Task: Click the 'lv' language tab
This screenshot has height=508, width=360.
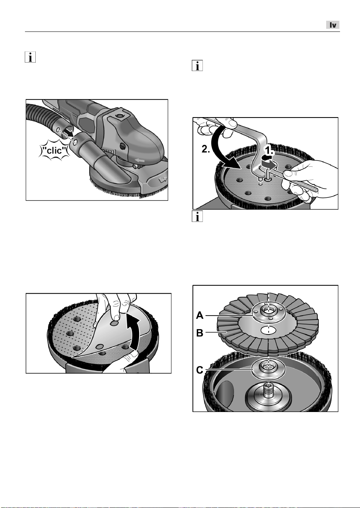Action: [333, 25]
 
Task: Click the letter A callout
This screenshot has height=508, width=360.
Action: [199, 315]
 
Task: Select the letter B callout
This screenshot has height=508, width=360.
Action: [199, 333]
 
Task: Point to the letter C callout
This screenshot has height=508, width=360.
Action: [199, 370]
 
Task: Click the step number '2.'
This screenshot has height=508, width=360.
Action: [206, 149]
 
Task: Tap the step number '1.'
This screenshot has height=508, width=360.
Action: [269, 151]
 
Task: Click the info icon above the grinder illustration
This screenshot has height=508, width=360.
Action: [30, 57]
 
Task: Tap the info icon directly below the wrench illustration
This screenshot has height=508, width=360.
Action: [197, 217]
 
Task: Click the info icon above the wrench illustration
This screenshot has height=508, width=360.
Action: [197, 66]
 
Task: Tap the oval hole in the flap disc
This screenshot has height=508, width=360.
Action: [268, 330]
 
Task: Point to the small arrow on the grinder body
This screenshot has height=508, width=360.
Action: [139, 161]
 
